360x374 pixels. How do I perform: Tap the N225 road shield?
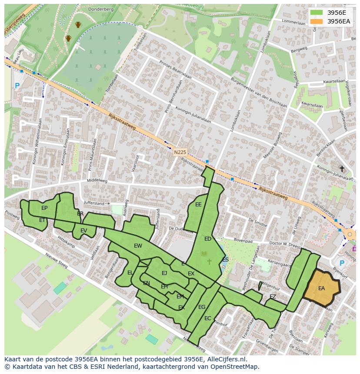180,152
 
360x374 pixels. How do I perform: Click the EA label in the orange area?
321,288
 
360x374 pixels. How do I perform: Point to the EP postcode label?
44,208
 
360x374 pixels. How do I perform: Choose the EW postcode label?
138,246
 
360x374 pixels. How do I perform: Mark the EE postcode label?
198,205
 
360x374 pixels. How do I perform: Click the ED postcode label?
208,239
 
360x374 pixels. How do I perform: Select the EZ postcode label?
273,297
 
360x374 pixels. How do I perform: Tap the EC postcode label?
207,318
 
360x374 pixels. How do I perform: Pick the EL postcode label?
130,273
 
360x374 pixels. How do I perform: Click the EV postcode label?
83,231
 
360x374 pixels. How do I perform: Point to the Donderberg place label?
100,9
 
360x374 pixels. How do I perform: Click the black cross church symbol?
342,169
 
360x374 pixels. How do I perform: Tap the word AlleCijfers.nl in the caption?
226,359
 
